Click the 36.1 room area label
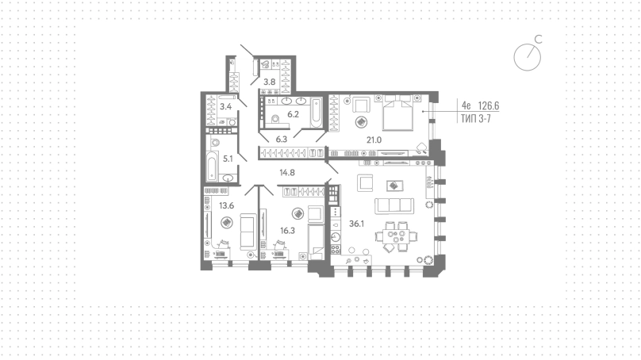356,224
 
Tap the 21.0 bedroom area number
374,140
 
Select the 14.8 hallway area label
287,172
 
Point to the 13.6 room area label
226,205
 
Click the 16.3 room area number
287,231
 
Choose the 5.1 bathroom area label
228,159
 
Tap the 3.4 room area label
225,106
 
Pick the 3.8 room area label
269,82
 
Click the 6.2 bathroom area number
293,114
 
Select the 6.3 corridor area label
282,139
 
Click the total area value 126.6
489,105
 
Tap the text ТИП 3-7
476,118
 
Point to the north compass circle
528,58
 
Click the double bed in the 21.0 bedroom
397,113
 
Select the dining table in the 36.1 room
396,236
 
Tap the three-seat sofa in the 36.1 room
394,206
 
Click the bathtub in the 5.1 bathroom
211,166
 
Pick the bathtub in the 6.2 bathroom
316,113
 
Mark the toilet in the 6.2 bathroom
274,119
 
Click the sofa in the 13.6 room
248,232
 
